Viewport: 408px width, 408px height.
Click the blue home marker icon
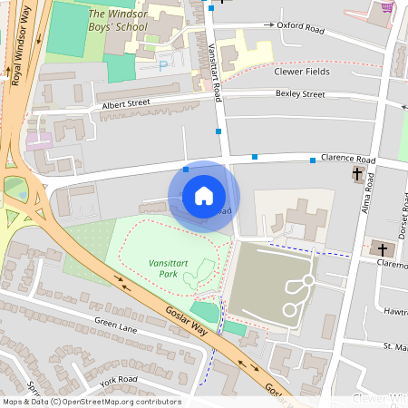[x=204, y=196]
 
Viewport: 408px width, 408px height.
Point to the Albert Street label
[x=126, y=104]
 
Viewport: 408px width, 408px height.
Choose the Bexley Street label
[x=300, y=93]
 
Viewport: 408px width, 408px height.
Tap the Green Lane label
[x=115, y=327]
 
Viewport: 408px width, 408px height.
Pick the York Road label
[x=118, y=380]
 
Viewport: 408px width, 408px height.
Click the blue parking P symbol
[x=163, y=65]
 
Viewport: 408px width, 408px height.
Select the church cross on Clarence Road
[x=357, y=173]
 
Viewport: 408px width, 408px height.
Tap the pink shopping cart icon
[x=388, y=7]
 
